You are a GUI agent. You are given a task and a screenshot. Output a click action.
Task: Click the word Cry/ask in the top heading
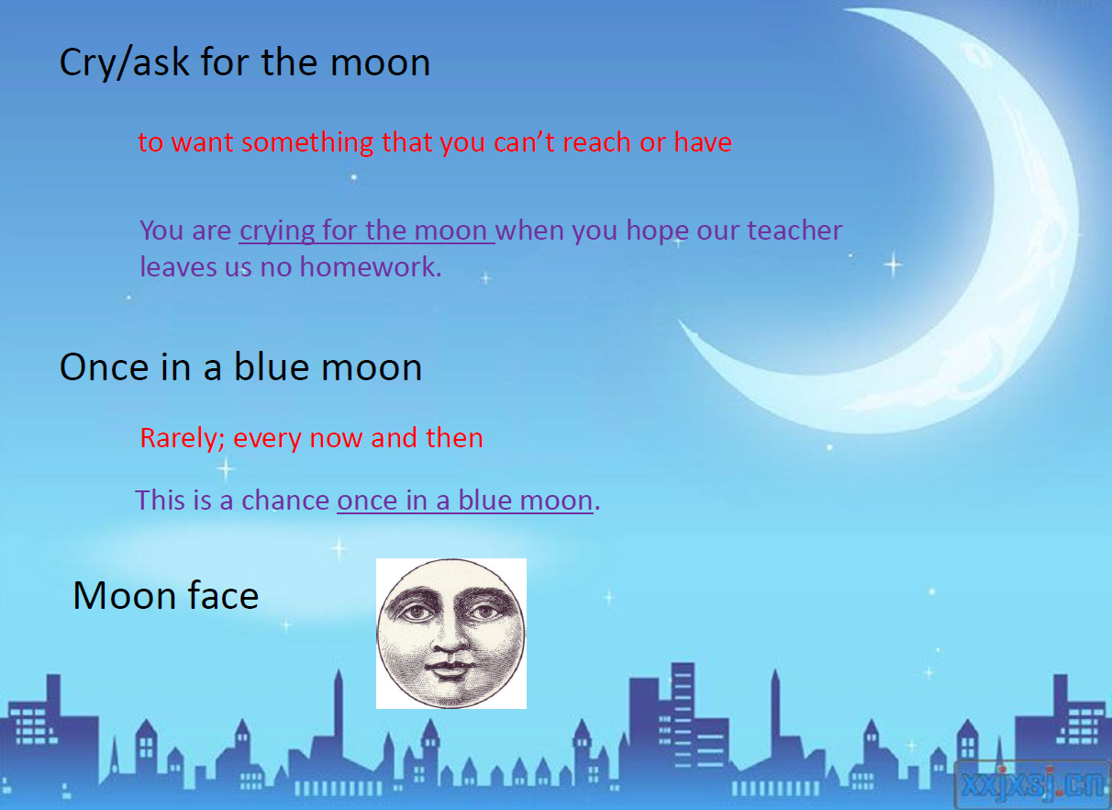124,63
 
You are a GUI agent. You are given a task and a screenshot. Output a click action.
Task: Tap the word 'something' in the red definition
306,142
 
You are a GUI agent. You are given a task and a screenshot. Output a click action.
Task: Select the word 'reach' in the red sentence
597,142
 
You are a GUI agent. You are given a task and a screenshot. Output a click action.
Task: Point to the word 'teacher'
795,231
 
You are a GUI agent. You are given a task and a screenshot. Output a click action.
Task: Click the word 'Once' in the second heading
105,367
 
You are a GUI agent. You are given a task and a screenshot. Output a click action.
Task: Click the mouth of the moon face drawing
450,669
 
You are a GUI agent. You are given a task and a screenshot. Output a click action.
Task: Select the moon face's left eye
417,613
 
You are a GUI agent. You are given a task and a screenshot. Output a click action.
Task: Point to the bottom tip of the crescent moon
679,321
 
